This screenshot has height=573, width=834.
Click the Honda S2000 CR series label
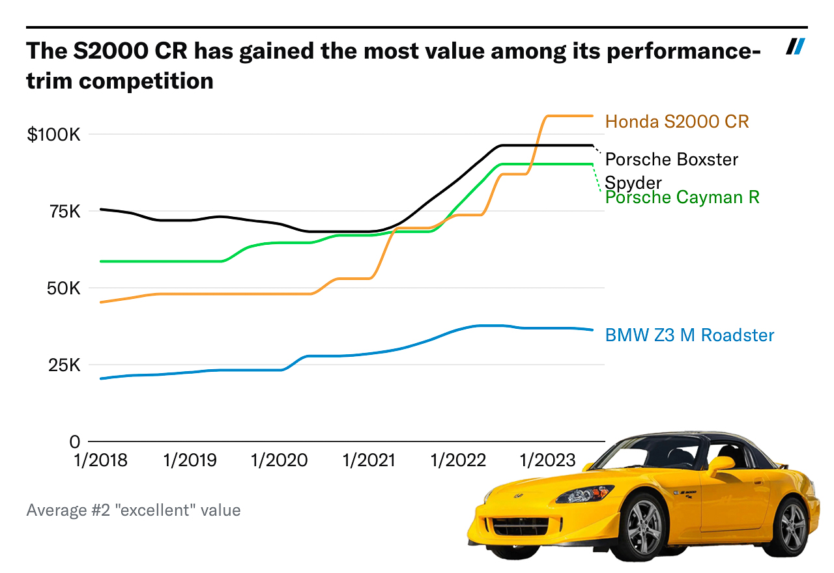point(677,122)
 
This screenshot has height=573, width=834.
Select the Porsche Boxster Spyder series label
point(671,170)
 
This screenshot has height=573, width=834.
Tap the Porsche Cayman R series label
point(682,197)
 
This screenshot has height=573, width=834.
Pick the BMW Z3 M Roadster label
point(689,335)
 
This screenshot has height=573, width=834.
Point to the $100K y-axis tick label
point(53,135)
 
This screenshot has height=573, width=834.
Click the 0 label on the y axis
point(74,442)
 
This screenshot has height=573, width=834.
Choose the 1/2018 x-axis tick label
point(101,461)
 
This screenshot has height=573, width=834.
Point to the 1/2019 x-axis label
point(190,461)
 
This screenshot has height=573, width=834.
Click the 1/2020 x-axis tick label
point(280,461)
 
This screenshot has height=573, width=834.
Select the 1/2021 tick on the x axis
point(369,461)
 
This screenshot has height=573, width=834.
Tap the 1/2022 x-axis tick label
point(458,461)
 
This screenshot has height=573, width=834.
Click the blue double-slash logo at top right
point(796,47)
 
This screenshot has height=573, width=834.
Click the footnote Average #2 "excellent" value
point(134,510)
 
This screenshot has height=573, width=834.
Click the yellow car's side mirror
point(721,466)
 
